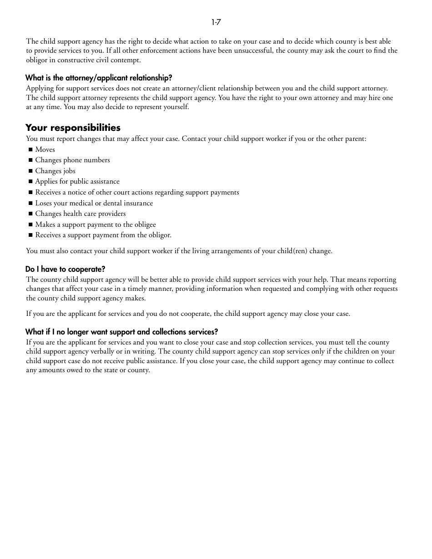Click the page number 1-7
pos(216,22)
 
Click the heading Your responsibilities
pos(73,127)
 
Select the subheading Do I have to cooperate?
pos(65,269)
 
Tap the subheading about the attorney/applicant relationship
pos(99,78)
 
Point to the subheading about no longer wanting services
pos(121,332)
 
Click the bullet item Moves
pos(45,150)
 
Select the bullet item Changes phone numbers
pos(72,160)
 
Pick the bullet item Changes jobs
pos(55,171)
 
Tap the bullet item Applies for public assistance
pos(77,181)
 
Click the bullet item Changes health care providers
pos(80,214)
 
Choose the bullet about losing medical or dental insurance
pos(94,203)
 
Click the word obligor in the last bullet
pos(159,235)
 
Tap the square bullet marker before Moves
pos(31,150)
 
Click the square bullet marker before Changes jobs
pos(31,171)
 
